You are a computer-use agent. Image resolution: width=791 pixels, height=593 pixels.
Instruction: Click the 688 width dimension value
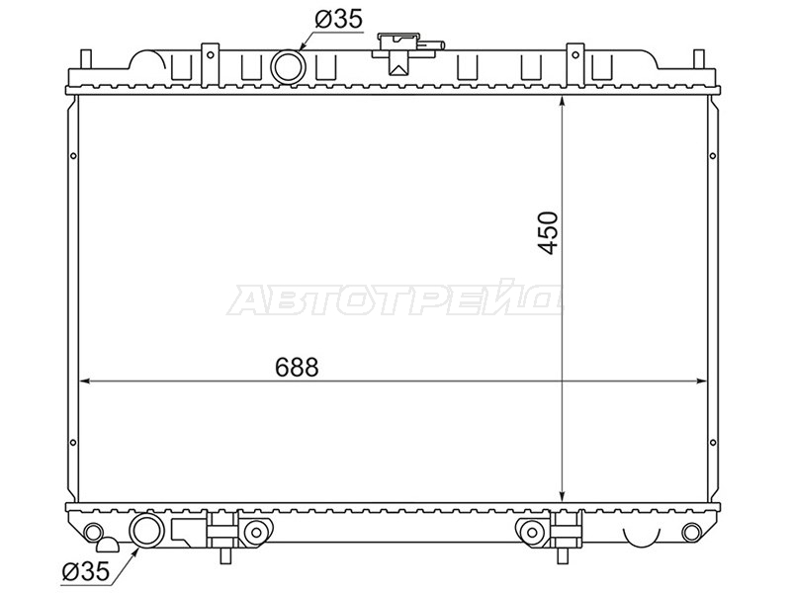point(297,367)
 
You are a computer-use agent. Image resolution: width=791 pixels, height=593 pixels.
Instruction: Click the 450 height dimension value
point(549,233)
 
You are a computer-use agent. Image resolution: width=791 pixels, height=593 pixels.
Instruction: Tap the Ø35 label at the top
point(338,19)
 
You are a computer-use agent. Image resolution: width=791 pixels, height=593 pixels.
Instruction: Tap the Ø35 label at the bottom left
point(85,571)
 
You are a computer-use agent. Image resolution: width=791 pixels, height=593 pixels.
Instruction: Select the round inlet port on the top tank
point(288,66)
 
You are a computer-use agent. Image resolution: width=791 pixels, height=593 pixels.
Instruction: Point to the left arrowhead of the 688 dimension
point(86,381)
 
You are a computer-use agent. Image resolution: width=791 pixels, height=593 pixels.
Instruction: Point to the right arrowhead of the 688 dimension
point(700,381)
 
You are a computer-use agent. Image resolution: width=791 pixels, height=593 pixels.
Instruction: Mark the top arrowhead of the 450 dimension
point(563,102)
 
